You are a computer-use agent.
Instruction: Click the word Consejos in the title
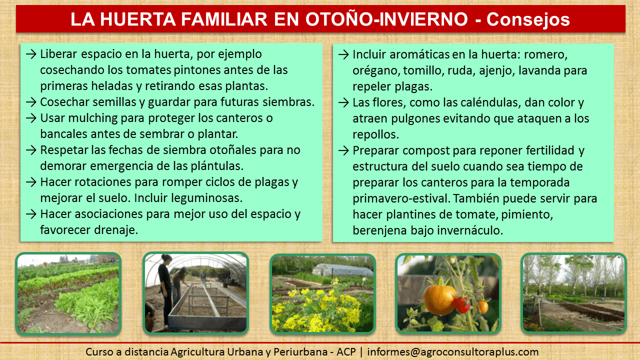click(528, 19)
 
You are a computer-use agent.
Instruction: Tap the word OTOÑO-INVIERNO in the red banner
click(386, 19)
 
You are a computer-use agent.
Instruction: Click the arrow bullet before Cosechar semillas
click(31, 102)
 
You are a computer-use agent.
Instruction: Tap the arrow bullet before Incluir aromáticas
click(343, 54)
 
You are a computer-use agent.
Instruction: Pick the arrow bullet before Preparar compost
click(343, 150)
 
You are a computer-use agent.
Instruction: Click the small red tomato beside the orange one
click(462, 305)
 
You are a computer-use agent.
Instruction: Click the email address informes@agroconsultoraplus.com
click(453, 352)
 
